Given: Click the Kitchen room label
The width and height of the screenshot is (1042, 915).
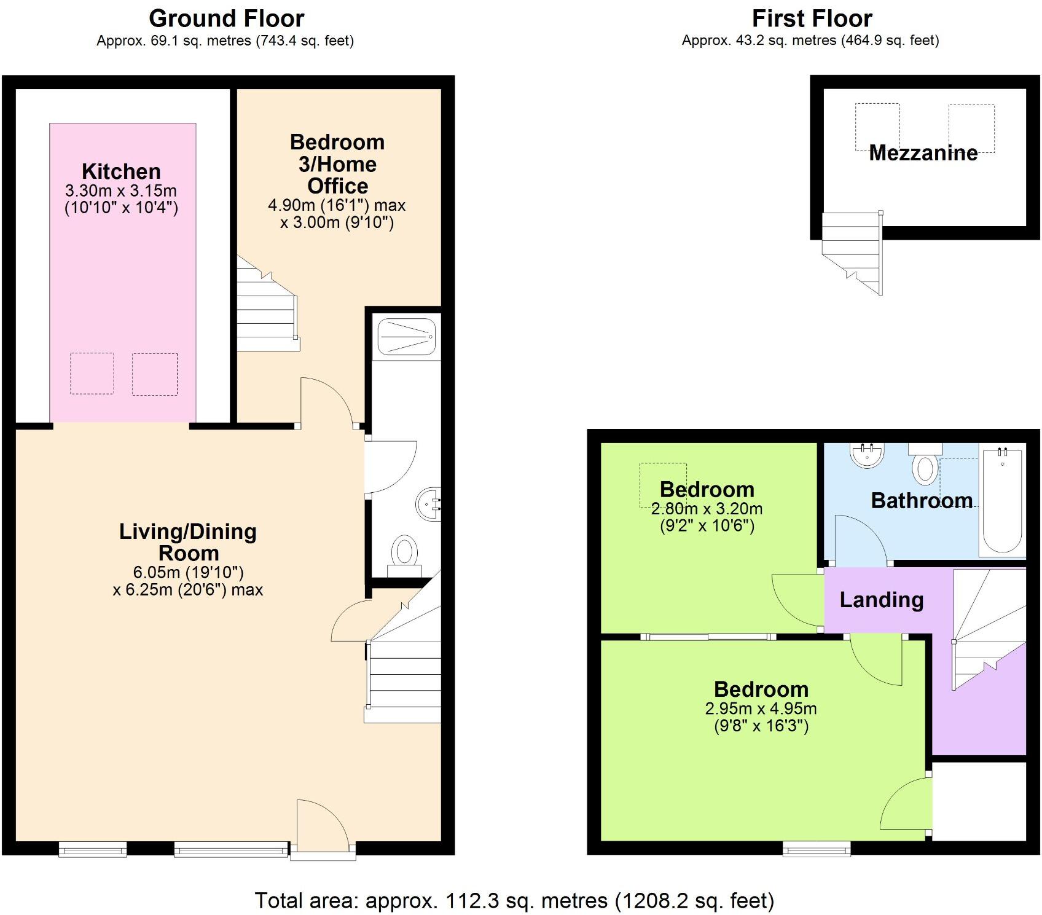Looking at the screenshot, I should [121, 171].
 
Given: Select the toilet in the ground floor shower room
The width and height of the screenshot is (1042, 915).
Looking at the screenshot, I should [404, 552].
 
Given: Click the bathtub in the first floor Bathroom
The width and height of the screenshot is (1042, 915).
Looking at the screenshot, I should [1003, 501].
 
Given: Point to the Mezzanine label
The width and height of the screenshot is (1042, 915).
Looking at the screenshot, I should [923, 152].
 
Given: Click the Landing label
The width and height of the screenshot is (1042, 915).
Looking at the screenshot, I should [881, 600].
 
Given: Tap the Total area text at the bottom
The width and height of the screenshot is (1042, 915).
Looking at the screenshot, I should [514, 900].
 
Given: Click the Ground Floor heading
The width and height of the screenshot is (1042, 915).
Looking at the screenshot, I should [226, 18].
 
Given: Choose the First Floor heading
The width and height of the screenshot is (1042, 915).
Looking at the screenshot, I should [812, 18].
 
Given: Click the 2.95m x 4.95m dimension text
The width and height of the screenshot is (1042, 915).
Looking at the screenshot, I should [761, 709].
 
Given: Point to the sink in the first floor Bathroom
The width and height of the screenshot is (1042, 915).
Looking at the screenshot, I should [868, 455].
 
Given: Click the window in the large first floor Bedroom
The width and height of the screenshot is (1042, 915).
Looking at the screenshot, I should [817, 850].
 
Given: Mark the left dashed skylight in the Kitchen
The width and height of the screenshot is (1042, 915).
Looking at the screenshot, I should [92, 373].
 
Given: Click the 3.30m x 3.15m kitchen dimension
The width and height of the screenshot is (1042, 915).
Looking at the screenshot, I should [121, 190].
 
